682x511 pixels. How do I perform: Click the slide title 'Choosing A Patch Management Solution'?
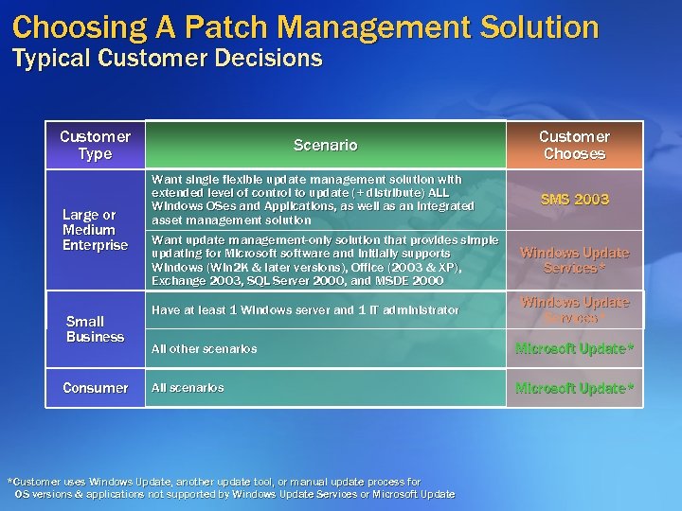pos(306,26)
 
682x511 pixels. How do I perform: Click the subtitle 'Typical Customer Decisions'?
pos(168,59)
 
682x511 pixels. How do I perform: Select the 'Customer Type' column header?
pos(95,145)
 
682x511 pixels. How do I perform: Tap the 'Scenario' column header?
pos(325,145)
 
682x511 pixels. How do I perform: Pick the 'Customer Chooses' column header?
pos(574,145)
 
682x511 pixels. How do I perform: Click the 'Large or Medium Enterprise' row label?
pos(95,230)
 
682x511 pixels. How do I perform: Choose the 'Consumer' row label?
pos(95,388)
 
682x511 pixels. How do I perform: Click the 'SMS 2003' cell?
pos(574,200)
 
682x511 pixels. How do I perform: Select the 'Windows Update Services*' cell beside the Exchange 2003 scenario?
pos(574,260)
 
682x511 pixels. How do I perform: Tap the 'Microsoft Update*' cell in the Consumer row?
pos(574,388)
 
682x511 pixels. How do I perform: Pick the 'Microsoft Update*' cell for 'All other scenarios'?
pos(574,349)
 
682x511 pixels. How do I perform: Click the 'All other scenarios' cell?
pos(204,349)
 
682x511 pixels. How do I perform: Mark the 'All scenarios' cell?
pos(188,388)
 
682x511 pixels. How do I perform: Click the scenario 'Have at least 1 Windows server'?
pos(305,310)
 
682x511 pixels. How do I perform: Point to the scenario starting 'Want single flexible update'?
pos(313,200)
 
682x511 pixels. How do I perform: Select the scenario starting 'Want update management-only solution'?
pos(324,260)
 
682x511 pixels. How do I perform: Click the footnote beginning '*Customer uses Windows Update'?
pos(231,488)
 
